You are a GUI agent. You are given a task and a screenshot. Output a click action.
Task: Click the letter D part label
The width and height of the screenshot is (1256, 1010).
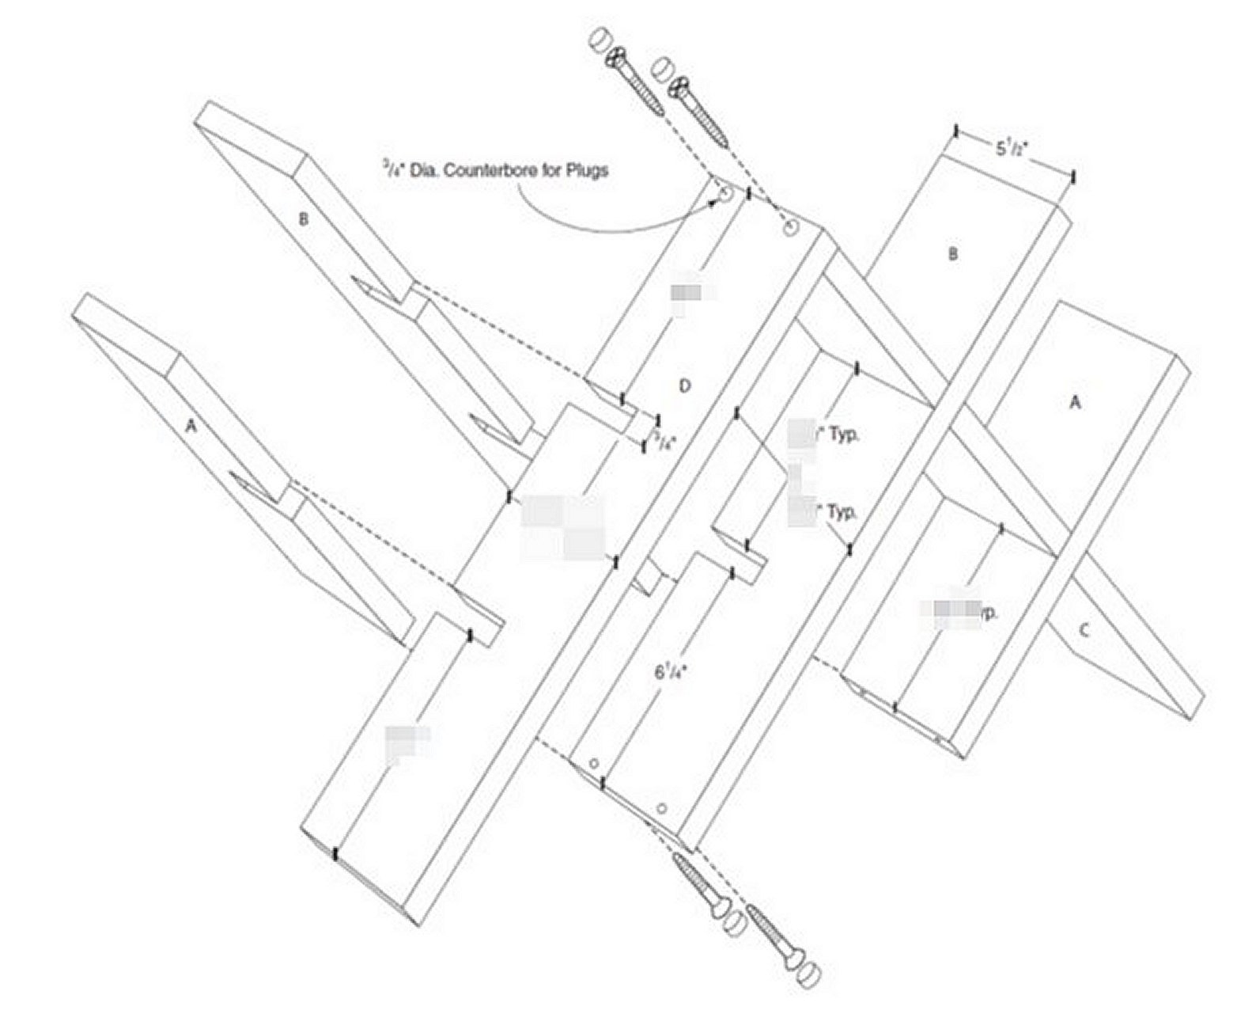685,385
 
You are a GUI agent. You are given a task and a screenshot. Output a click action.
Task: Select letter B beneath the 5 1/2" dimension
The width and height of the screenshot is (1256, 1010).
953,254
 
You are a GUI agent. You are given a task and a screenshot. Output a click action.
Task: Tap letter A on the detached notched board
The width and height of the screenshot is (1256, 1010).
189,425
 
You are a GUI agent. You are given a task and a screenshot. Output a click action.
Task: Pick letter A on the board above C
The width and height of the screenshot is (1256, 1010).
1074,403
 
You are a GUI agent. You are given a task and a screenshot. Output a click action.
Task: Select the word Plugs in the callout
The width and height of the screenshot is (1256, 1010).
588,170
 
